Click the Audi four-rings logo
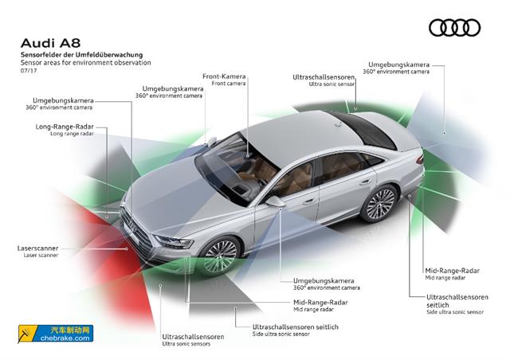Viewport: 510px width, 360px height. (x=454, y=28)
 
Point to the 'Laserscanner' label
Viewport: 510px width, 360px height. (x=38, y=248)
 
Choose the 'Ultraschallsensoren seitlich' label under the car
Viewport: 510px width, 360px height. (x=295, y=327)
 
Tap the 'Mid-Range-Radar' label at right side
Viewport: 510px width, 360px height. (x=452, y=271)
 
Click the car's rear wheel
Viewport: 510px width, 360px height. (x=379, y=203)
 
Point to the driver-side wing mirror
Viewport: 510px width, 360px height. (x=276, y=201)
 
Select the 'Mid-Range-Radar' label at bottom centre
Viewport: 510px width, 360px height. (x=320, y=303)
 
